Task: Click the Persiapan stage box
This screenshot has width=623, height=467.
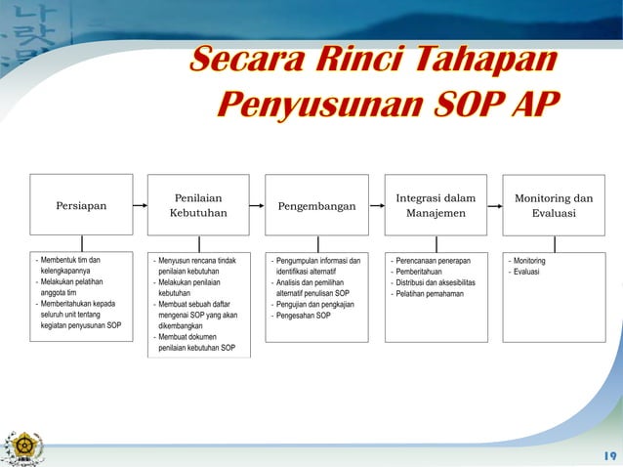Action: (x=81, y=205)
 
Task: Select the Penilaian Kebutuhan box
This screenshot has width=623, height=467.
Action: (x=199, y=205)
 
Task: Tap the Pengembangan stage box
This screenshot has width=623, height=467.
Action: (x=317, y=205)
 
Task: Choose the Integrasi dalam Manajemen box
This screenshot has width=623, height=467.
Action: (x=436, y=205)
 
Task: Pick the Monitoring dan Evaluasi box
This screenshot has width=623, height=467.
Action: (x=554, y=205)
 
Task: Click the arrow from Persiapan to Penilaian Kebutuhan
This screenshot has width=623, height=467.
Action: (x=140, y=205)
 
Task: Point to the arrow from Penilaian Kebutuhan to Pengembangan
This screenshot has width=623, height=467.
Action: (x=258, y=205)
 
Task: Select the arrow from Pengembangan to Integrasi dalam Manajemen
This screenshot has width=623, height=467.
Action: (x=376, y=205)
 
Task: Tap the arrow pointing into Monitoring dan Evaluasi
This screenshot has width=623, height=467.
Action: (x=494, y=205)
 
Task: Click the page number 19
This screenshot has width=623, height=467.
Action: (x=609, y=454)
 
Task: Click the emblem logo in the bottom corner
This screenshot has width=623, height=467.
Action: (x=21, y=446)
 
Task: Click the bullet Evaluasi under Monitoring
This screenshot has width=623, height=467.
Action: (x=528, y=272)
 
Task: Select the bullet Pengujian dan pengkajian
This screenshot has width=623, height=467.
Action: (x=314, y=305)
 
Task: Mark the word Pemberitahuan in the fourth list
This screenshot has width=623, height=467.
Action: (x=423, y=272)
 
